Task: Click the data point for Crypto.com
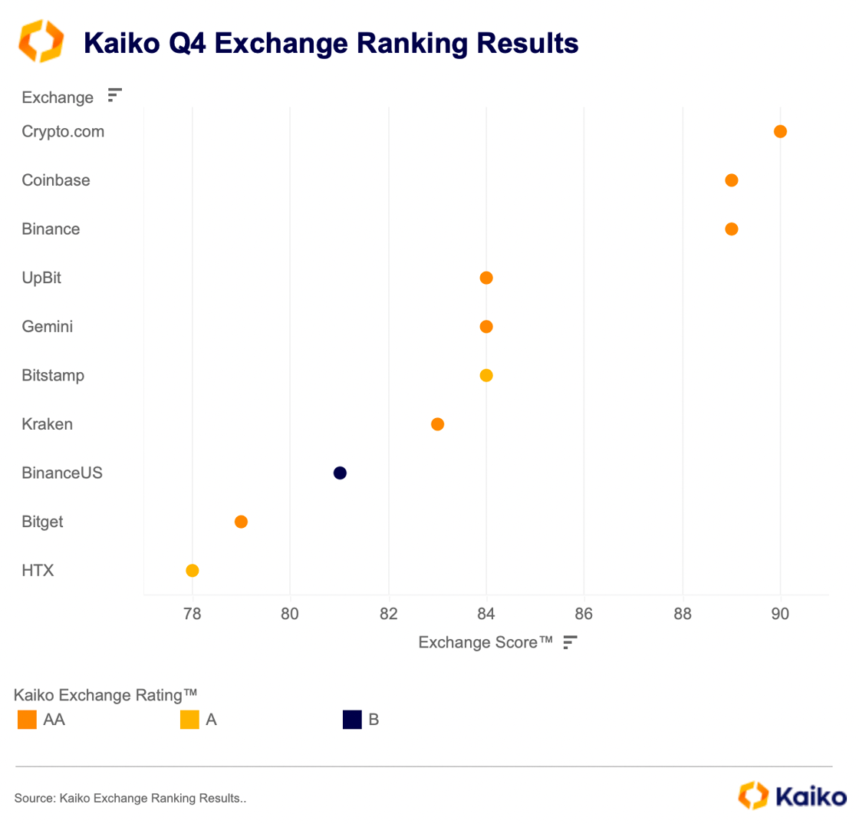click(780, 131)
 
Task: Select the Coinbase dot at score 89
click(731, 180)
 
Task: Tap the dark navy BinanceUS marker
click(340, 473)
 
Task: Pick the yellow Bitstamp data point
click(485, 375)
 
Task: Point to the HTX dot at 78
click(193, 570)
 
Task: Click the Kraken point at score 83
click(437, 424)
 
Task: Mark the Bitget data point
click(241, 522)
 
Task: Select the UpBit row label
click(41, 278)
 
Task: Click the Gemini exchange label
click(48, 327)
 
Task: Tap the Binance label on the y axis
click(51, 229)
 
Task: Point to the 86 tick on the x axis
click(584, 614)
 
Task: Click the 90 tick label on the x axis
click(780, 614)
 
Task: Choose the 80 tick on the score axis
click(290, 614)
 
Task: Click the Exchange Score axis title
click(485, 642)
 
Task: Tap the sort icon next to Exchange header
click(114, 96)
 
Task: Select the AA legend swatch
click(26, 720)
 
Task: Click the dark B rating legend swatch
click(352, 720)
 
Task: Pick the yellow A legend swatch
click(189, 720)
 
